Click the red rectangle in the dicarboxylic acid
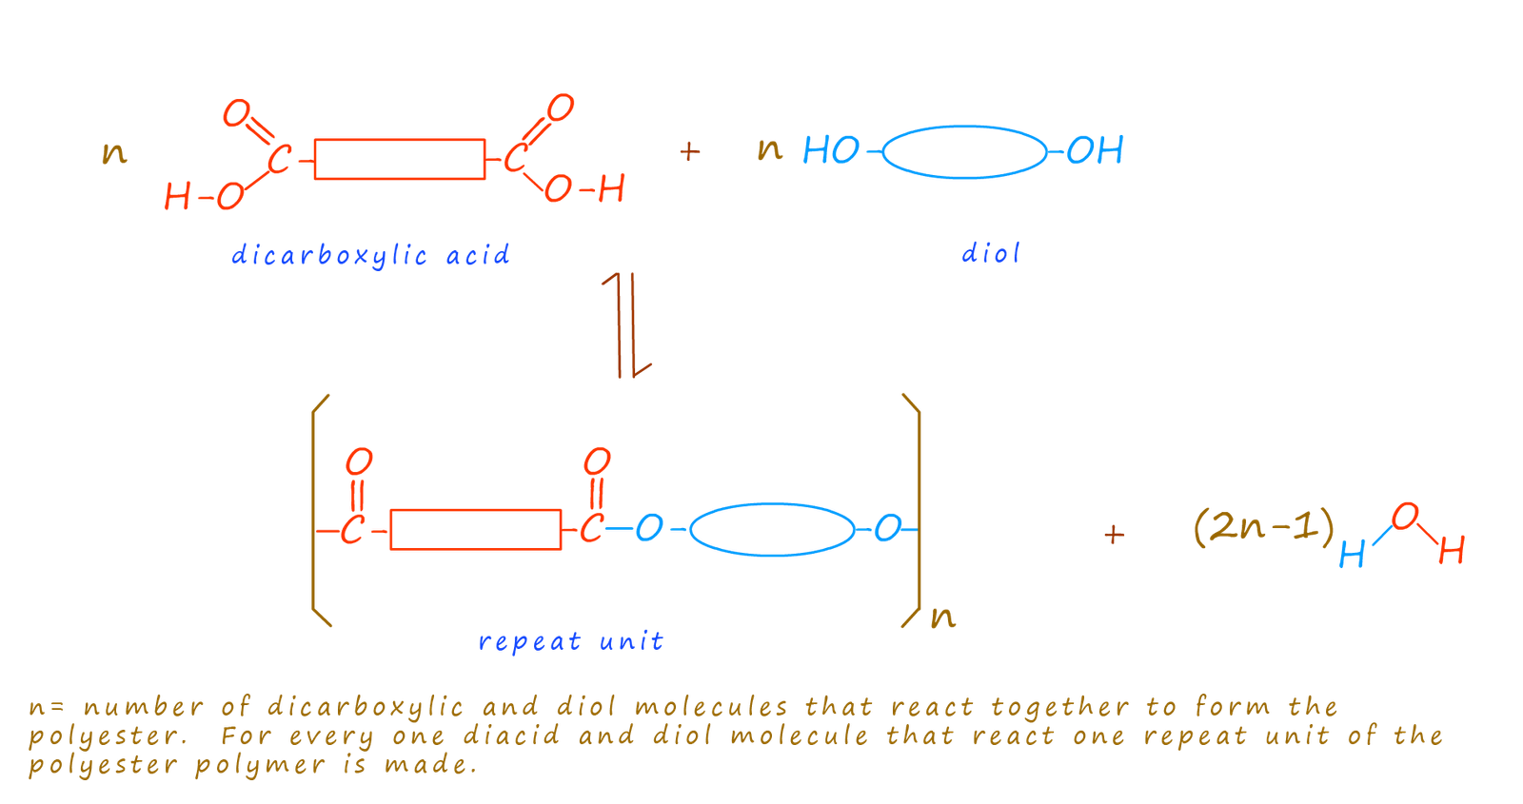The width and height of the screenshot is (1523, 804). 400,159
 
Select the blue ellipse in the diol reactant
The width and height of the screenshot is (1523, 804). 964,152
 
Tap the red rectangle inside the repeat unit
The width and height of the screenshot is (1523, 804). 476,529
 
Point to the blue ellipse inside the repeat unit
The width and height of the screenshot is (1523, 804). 772,530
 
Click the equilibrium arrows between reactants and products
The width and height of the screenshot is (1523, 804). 626,324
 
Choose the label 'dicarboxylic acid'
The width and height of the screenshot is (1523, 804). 370,256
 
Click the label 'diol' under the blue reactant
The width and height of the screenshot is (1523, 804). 991,254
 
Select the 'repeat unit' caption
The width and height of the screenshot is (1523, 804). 570,641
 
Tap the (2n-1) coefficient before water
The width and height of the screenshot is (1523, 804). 1264,527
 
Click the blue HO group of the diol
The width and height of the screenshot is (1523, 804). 831,150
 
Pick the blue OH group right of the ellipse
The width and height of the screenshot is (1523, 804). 1095,150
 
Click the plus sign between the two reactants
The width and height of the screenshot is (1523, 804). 689,151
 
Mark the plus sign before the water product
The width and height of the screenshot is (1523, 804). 1115,535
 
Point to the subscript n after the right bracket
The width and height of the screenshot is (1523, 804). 943,618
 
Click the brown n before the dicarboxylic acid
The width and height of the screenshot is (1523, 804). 114,153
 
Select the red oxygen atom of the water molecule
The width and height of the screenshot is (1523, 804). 1405,517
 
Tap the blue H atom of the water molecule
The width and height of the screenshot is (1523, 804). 1352,555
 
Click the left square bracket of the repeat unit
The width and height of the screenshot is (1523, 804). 321,510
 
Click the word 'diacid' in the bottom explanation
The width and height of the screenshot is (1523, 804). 511,735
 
